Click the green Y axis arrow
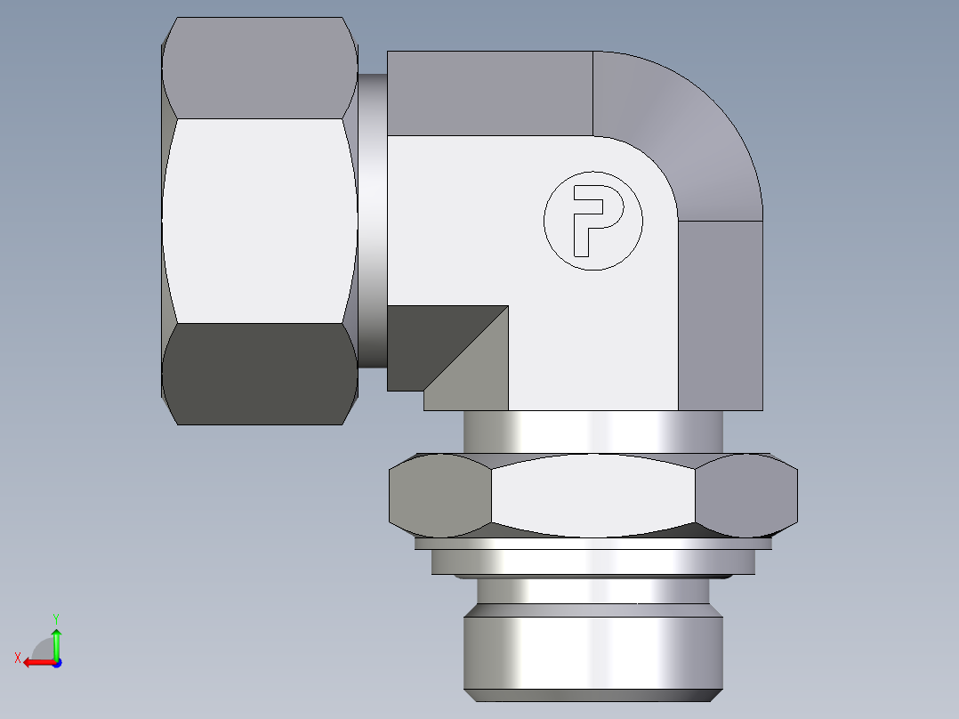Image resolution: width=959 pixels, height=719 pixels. point(56,642)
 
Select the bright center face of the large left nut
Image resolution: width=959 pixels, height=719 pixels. point(258,221)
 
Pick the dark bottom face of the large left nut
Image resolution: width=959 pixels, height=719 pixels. point(258,374)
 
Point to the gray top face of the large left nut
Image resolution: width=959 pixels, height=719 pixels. point(258,67)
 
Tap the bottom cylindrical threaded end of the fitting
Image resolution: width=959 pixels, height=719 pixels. point(592,650)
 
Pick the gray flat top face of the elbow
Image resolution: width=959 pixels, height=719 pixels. point(489,93)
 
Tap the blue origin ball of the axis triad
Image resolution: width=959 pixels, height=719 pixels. point(56,663)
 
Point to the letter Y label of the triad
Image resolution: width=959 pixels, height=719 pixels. point(55,617)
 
